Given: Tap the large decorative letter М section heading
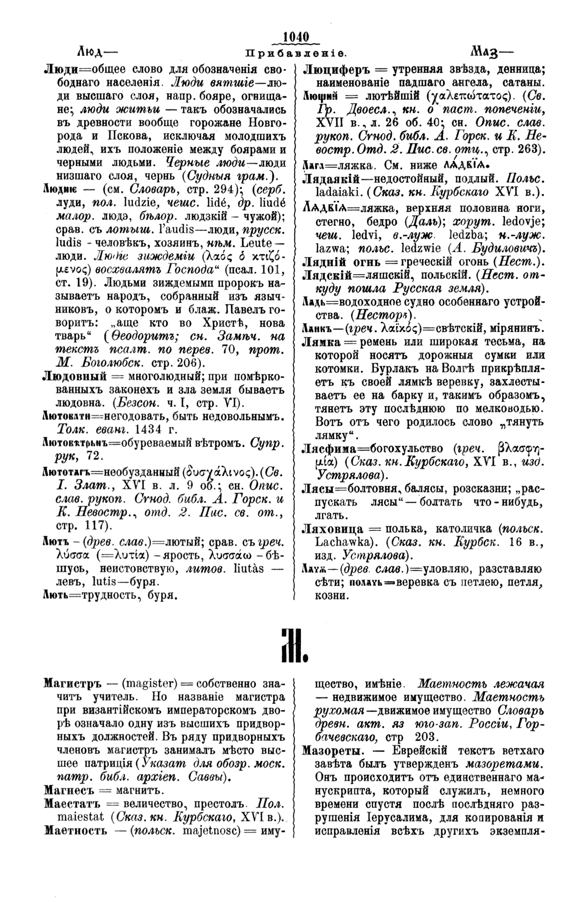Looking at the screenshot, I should coord(291,644).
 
